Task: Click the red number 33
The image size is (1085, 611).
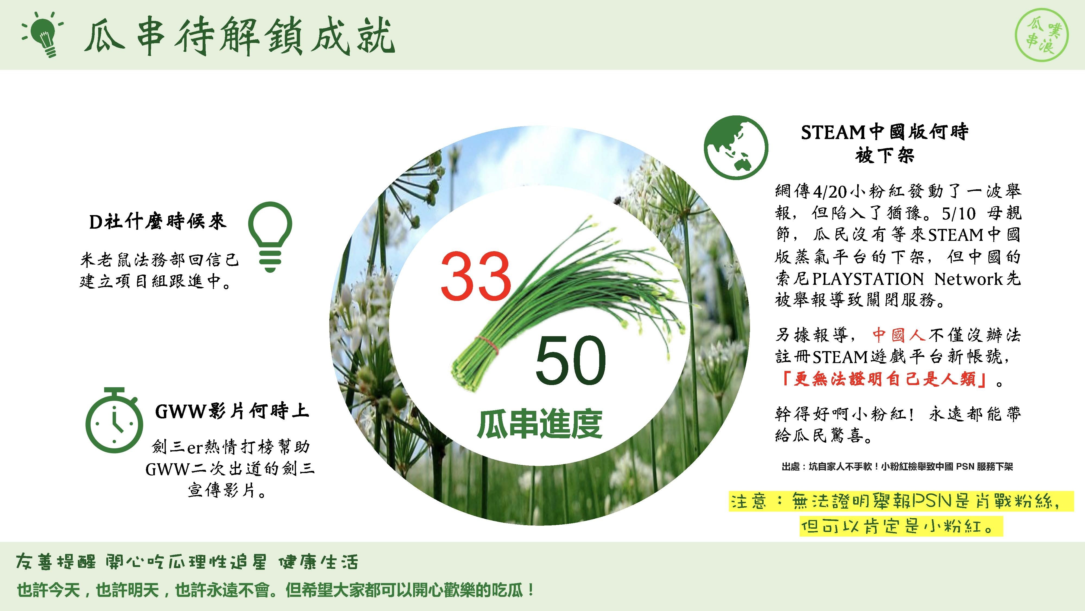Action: click(x=476, y=276)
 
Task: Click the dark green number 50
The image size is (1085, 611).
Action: click(x=571, y=361)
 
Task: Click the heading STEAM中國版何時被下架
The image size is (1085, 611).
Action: click(x=885, y=143)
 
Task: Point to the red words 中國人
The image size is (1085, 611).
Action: click(x=898, y=335)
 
